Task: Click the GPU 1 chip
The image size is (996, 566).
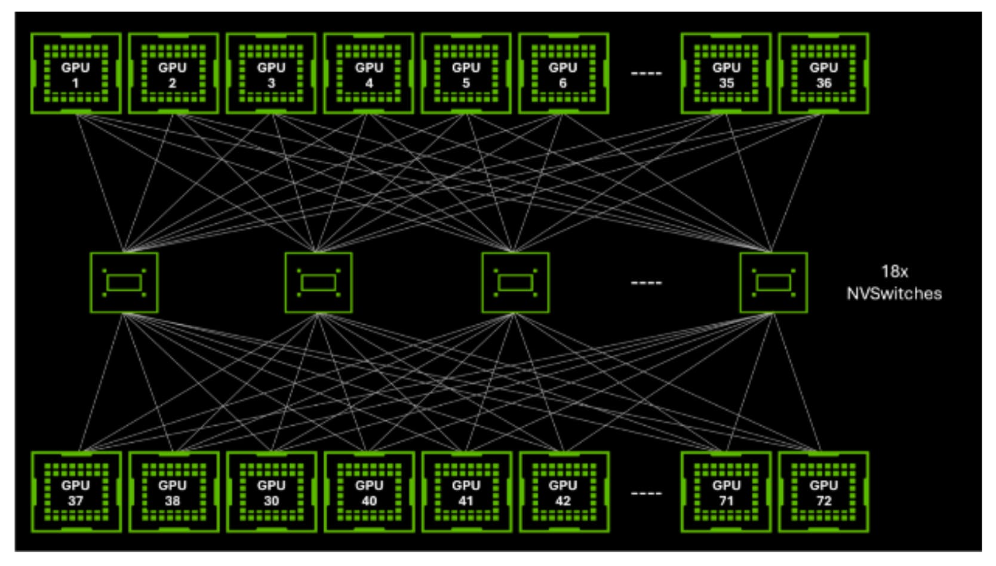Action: pos(76,73)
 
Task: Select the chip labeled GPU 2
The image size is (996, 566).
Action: pos(173,73)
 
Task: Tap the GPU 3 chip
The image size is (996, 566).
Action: pos(271,73)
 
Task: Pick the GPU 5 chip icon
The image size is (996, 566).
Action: pos(466,73)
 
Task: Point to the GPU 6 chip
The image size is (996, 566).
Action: pos(563,73)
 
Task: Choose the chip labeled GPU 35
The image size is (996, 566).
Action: pos(726,73)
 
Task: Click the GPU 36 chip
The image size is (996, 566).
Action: pos(823,73)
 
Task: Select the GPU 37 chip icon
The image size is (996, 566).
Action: pos(76,492)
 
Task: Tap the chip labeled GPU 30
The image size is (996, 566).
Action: pos(271,492)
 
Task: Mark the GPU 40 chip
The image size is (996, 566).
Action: pos(369,492)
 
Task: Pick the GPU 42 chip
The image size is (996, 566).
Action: pos(564,492)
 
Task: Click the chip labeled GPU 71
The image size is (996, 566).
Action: pos(726,492)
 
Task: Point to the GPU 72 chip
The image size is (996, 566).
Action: pos(823,492)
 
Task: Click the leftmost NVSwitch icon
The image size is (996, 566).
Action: pos(124,283)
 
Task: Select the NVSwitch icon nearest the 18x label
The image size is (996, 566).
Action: pos(774,283)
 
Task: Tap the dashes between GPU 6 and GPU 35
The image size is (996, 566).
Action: pos(647,73)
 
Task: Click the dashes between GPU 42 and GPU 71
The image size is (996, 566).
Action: pos(647,493)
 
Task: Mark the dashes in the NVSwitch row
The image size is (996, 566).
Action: pos(647,283)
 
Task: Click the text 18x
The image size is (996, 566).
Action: pos(894,271)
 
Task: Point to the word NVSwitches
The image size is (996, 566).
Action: pos(894,294)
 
